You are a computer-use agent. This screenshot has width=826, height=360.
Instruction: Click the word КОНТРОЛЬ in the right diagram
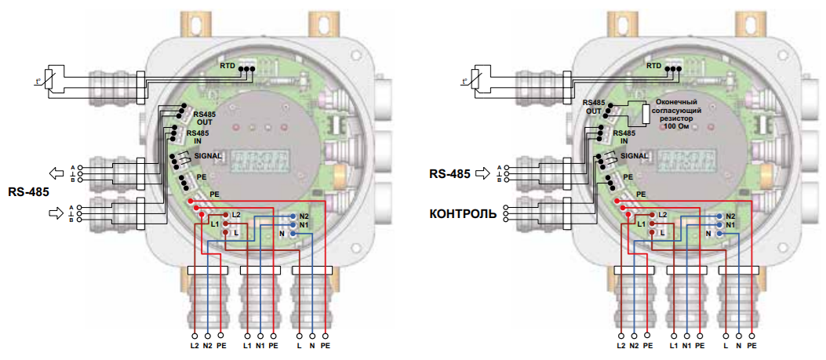tap(462, 213)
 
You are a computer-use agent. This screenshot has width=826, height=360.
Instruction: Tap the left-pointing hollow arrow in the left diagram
tap(57, 173)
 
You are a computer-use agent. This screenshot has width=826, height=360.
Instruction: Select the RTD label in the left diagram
tap(227, 67)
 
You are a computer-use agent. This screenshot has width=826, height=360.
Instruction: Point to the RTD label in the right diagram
tap(654, 67)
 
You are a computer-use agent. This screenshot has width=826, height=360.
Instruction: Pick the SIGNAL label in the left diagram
tap(207, 156)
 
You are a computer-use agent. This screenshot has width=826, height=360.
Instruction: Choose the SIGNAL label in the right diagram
tap(635, 156)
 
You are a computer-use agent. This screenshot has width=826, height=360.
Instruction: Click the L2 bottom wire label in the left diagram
tap(194, 346)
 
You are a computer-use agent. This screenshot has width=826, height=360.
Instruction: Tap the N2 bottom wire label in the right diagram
tap(634, 346)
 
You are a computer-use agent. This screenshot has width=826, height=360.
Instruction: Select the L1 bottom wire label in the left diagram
tap(247, 346)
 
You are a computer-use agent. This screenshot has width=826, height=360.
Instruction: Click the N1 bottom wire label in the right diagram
tap(687, 346)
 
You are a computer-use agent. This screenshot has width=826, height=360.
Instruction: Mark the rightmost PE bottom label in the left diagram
tap(325, 346)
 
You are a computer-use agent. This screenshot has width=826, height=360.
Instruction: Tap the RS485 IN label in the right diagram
tap(628, 137)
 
